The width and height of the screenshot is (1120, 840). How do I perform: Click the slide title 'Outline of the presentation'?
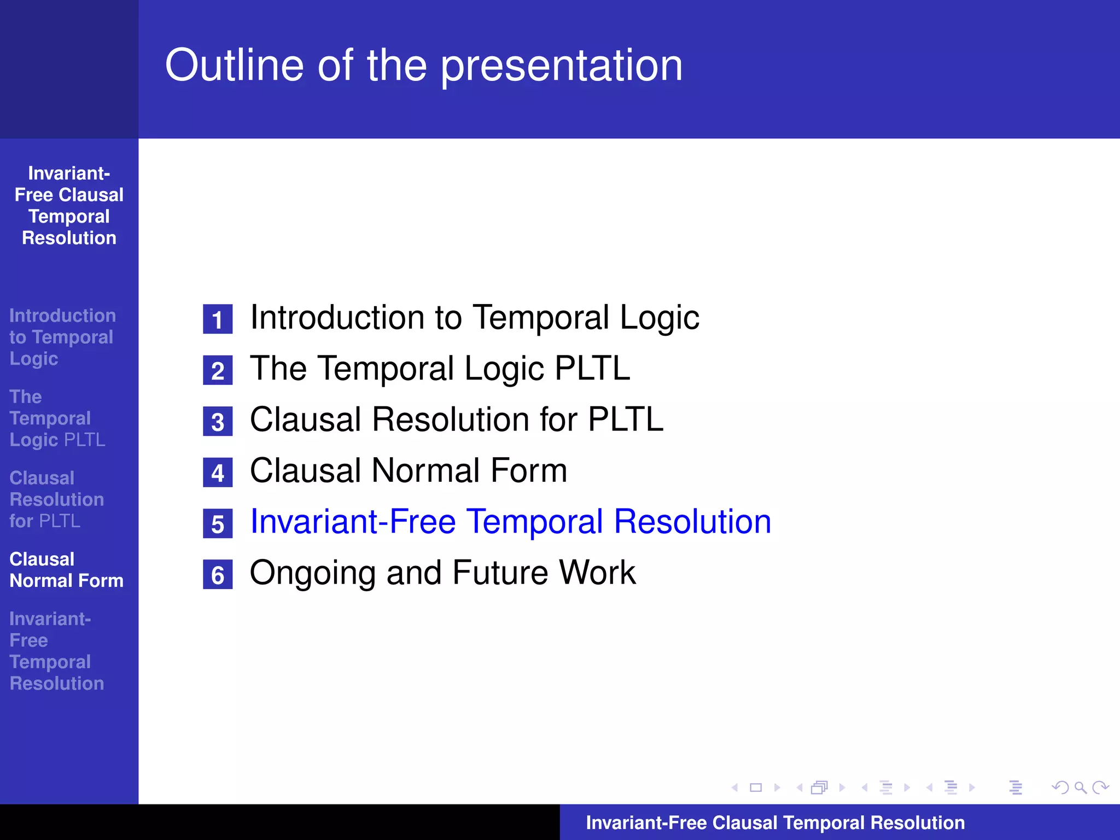pos(424,66)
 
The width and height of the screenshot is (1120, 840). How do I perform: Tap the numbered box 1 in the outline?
pos(218,319)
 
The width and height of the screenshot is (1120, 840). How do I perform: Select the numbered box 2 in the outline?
pos(218,370)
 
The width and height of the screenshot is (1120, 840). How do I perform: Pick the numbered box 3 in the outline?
pos(218,421)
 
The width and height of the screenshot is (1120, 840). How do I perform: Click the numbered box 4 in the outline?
pos(218,472)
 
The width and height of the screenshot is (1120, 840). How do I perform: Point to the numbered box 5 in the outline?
pos(218,523)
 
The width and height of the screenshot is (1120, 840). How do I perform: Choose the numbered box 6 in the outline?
pos(218,574)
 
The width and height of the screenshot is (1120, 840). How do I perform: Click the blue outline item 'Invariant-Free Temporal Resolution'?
pos(510,521)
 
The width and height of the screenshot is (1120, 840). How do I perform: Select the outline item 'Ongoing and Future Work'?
pos(442,573)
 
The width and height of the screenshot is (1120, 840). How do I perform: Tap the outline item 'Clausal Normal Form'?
pos(409,470)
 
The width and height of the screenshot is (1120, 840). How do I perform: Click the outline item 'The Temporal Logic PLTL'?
pos(440,368)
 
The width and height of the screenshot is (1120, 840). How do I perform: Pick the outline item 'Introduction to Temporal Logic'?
pos(474,317)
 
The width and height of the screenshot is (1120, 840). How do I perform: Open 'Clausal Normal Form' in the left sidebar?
pos(66,570)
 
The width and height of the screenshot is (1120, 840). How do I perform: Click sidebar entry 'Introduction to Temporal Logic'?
pos(62,337)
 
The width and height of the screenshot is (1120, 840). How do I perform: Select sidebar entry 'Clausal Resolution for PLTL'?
pos(56,499)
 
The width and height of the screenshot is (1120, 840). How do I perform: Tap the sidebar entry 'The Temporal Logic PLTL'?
pos(57,418)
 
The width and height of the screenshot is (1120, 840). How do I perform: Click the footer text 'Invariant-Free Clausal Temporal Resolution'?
pos(775,822)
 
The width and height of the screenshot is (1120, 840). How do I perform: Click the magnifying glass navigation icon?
pos(1080,787)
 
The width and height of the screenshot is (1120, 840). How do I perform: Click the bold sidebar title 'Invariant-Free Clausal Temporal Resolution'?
pos(69,206)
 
